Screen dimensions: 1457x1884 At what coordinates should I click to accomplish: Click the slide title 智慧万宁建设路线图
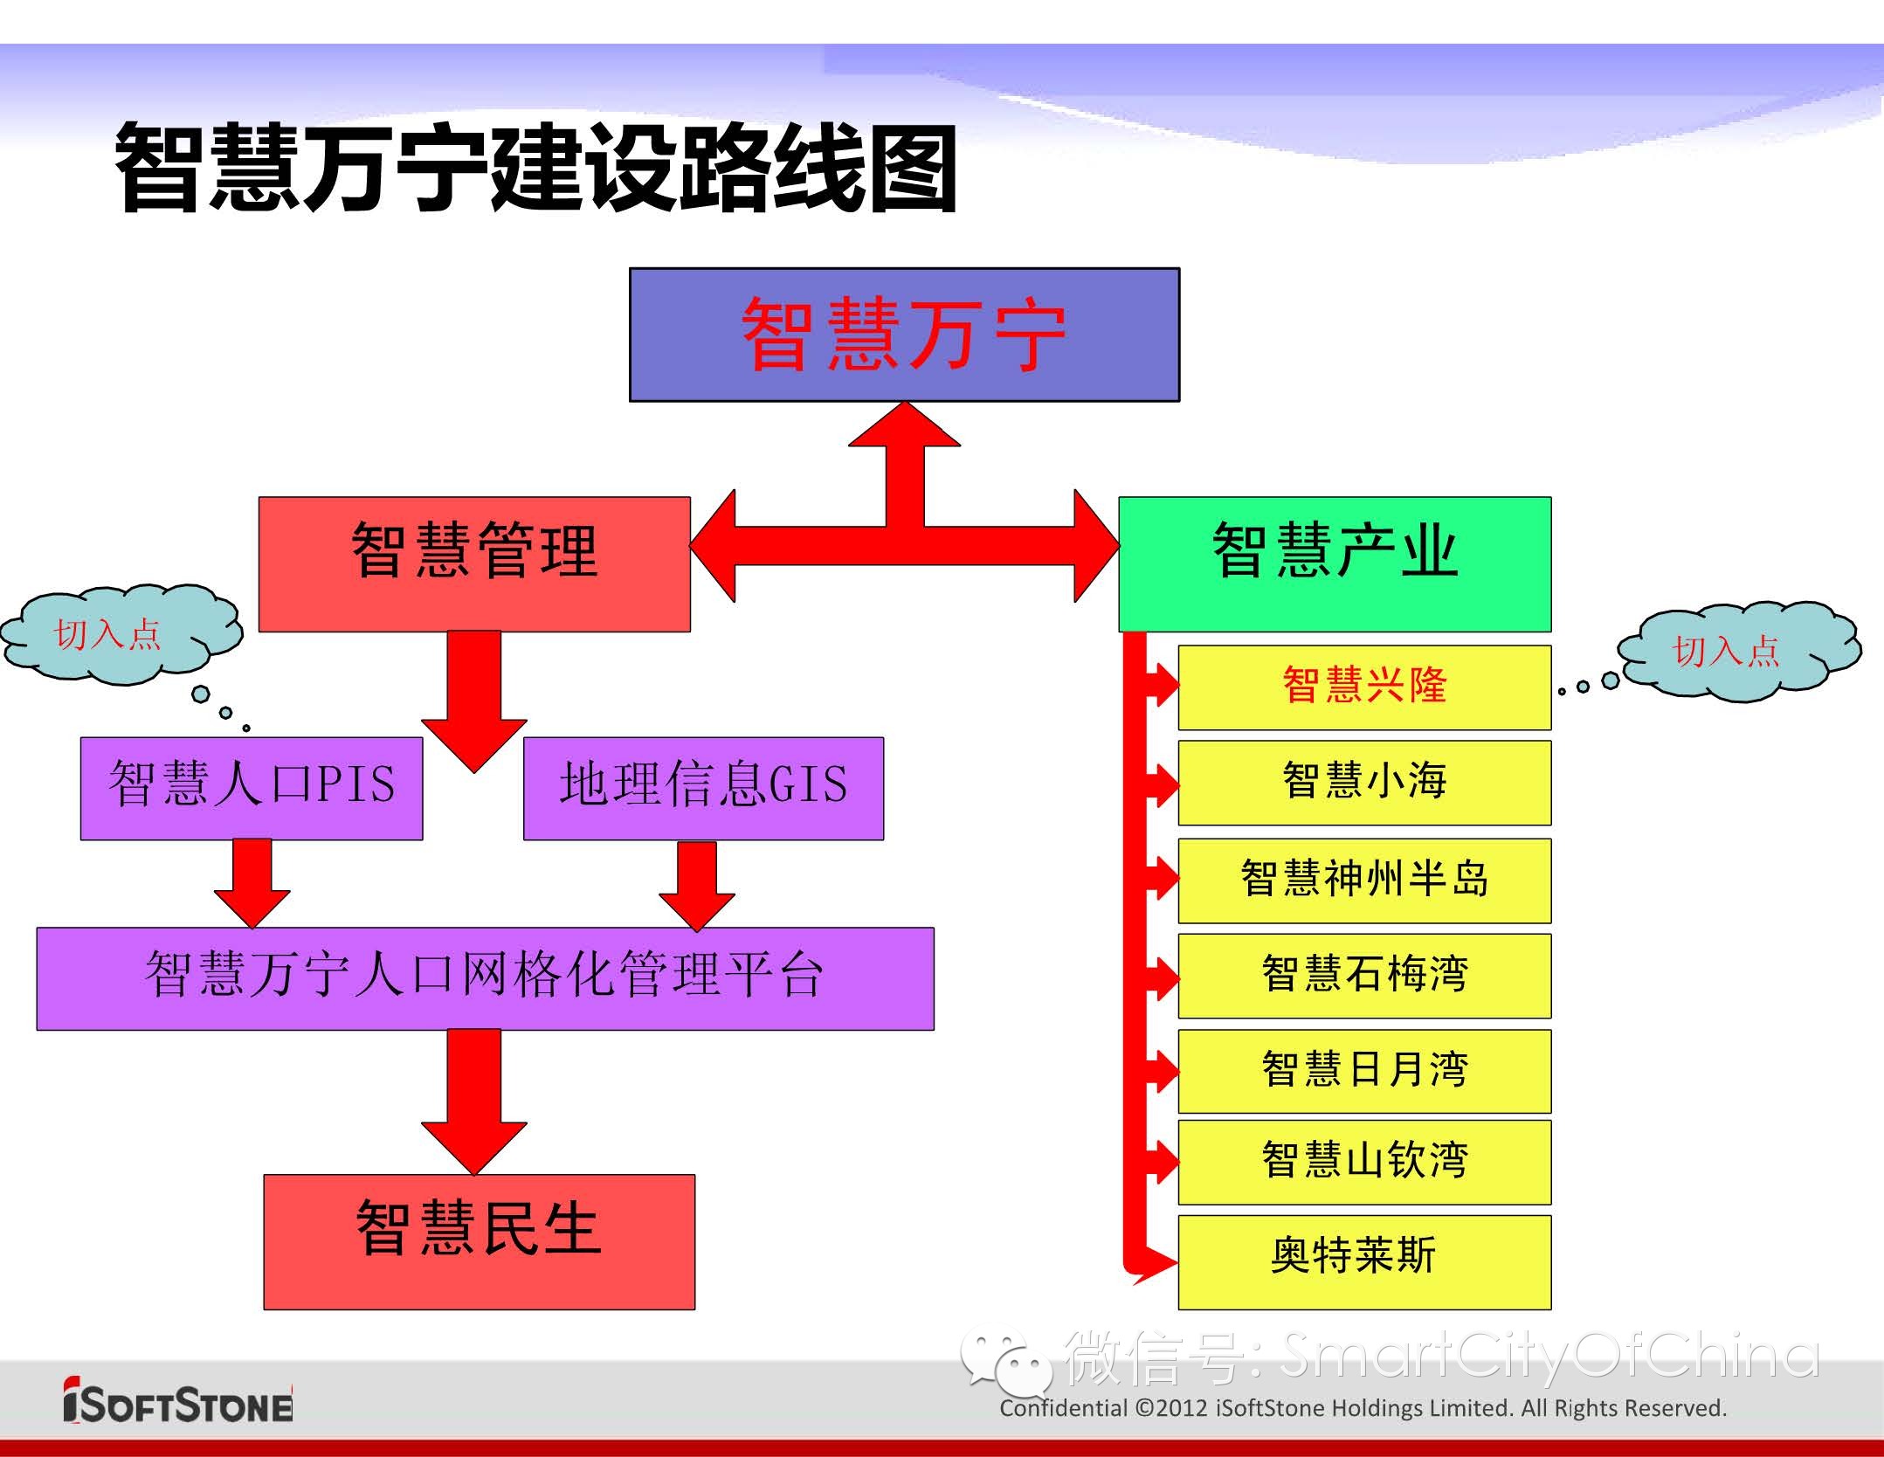(x=535, y=168)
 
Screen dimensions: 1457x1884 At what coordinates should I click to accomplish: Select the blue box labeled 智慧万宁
(x=904, y=335)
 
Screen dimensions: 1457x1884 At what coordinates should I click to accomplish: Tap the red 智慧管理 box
(x=474, y=563)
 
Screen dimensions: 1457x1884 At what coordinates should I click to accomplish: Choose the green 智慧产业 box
(x=1335, y=563)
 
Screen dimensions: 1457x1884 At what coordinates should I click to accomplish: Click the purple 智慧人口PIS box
(x=252, y=788)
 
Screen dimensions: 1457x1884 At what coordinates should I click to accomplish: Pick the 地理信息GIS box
(x=703, y=788)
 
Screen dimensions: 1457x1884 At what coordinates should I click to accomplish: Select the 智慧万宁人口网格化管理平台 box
(x=485, y=978)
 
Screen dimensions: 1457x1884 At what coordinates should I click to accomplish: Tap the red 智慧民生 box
(x=479, y=1240)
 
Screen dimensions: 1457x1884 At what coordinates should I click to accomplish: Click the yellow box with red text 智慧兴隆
(x=1364, y=687)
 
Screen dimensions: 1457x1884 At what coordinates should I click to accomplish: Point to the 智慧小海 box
(x=1364, y=783)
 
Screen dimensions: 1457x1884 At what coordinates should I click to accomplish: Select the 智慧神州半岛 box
(x=1364, y=880)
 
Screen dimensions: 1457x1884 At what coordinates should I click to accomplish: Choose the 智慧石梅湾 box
(x=1364, y=976)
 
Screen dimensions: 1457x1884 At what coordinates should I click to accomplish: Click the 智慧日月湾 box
(x=1364, y=1071)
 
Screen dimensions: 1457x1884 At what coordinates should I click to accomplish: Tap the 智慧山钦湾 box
(x=1364, y=1162)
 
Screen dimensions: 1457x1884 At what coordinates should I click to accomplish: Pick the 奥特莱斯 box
(x=1364, y=1261)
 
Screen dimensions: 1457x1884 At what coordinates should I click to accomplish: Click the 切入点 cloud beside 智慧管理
(x=118, y=634)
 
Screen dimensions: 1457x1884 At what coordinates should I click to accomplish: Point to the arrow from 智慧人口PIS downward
(x=252, y=882)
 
